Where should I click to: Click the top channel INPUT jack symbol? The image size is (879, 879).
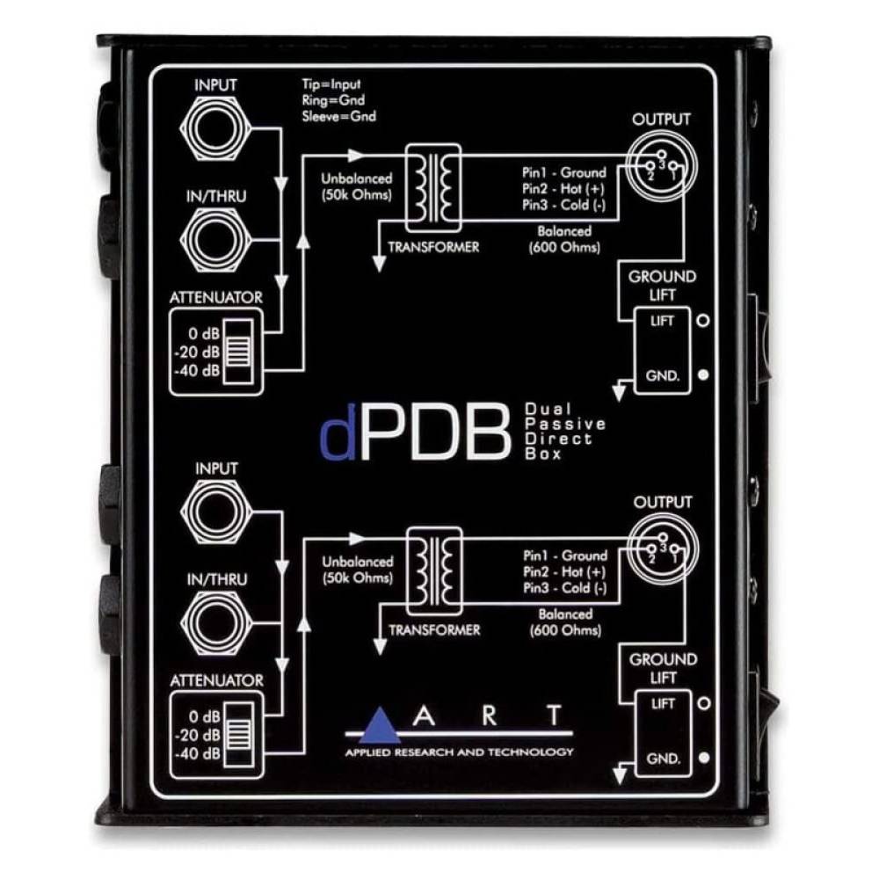click(215, 129)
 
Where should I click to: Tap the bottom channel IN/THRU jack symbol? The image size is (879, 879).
click(216, 623)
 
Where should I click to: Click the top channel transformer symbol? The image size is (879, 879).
click(433, 188)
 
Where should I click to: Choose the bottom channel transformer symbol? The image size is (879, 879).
click(434, 570)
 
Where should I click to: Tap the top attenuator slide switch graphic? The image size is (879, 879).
click(238, 352)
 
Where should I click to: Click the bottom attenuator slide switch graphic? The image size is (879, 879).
click(239, 735)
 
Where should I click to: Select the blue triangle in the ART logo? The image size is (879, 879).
click(380, 725)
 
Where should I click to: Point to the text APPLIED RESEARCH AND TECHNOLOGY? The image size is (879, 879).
click(459, 752)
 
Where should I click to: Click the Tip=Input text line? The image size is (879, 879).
click(331, 84)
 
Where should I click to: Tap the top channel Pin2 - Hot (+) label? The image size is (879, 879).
click(564, 189)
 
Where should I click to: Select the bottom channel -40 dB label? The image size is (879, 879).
click(197, 754)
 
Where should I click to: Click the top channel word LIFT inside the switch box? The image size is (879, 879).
click(662, 321)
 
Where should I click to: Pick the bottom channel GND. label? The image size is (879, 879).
click(663, 759)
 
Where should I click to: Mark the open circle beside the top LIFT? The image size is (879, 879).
click(703, 320)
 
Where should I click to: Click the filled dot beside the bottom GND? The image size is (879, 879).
click(705, 758)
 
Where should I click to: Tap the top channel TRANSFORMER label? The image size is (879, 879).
click(433, 247)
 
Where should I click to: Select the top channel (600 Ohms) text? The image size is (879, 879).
click(564, 247)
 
